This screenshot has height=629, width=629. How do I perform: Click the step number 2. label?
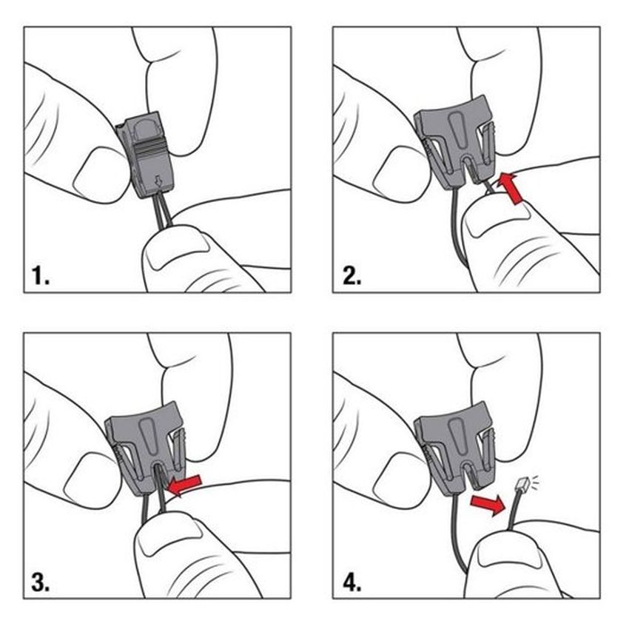(x=351, y=277)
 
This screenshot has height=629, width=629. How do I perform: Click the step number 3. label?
(x=41, y=582)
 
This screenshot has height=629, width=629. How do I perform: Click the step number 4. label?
(x=351, y=582)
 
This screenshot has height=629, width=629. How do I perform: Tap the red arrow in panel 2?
(x=511, y=188)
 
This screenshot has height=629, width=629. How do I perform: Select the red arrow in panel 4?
(x=489, y=505)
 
